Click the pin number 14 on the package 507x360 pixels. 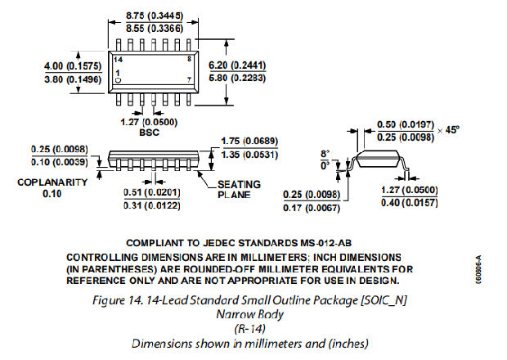click(x=119, y=61)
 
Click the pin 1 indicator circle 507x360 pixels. click(x=119, y=81)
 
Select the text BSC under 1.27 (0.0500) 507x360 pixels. click(x=148, y=132)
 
